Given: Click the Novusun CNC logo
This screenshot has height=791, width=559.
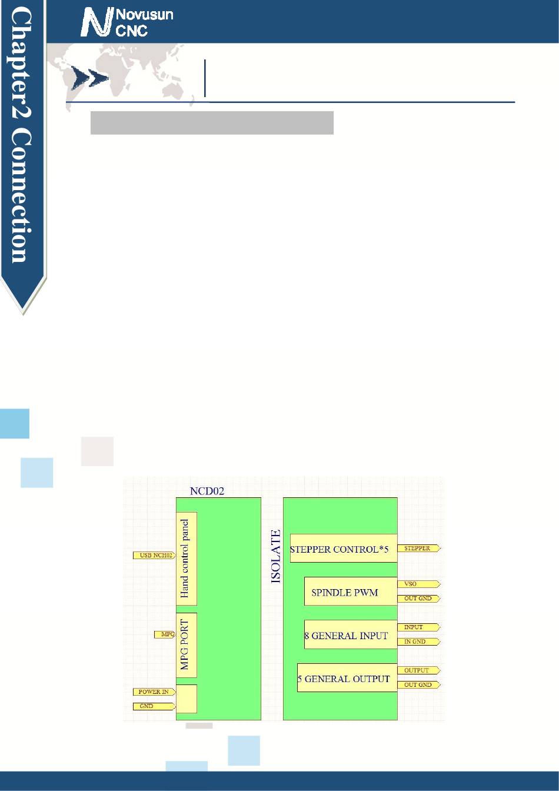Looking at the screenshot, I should pyautogui.click(x=127, y=22).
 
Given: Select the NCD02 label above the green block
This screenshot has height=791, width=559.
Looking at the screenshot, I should pyautogui.click(x=207, y=491).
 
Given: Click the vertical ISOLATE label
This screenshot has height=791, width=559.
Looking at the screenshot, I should pyautogui.click(x=276, y=556).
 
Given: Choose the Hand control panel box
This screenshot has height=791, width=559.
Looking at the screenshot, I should pyautogui.click(x=187, y=558).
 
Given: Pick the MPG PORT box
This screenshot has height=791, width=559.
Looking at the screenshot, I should pyautogui.click(x=187, y=645).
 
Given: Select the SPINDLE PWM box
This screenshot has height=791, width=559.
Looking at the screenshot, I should pyautogui.click(x=350, y=591).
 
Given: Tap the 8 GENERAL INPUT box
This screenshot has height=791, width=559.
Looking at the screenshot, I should pyautogui.click(x=350, y=635).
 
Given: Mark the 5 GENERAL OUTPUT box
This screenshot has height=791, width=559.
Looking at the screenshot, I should pyautogui.click(x=347, y=678).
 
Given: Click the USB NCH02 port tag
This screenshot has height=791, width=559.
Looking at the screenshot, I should pyautogui.click(x=155, y=555).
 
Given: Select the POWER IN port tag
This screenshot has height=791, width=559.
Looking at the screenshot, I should pyautogui.click(x=154, y=692).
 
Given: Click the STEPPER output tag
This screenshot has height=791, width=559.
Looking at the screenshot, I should pyautogui.click(x=418, y=549).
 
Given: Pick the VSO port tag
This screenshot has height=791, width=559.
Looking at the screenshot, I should pyautogui.click(x=418, y=584).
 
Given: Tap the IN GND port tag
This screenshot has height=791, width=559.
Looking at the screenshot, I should pyautogui.click(x=418, y=642).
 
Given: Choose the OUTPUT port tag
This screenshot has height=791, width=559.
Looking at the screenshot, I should pyautogui.click(x=418, y=670).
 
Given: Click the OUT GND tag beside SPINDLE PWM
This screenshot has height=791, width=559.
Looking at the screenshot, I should pyautogui.click(x=418, y=599).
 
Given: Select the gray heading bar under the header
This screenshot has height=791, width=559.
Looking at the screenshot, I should pyautogui.click(x=212, y=122).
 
